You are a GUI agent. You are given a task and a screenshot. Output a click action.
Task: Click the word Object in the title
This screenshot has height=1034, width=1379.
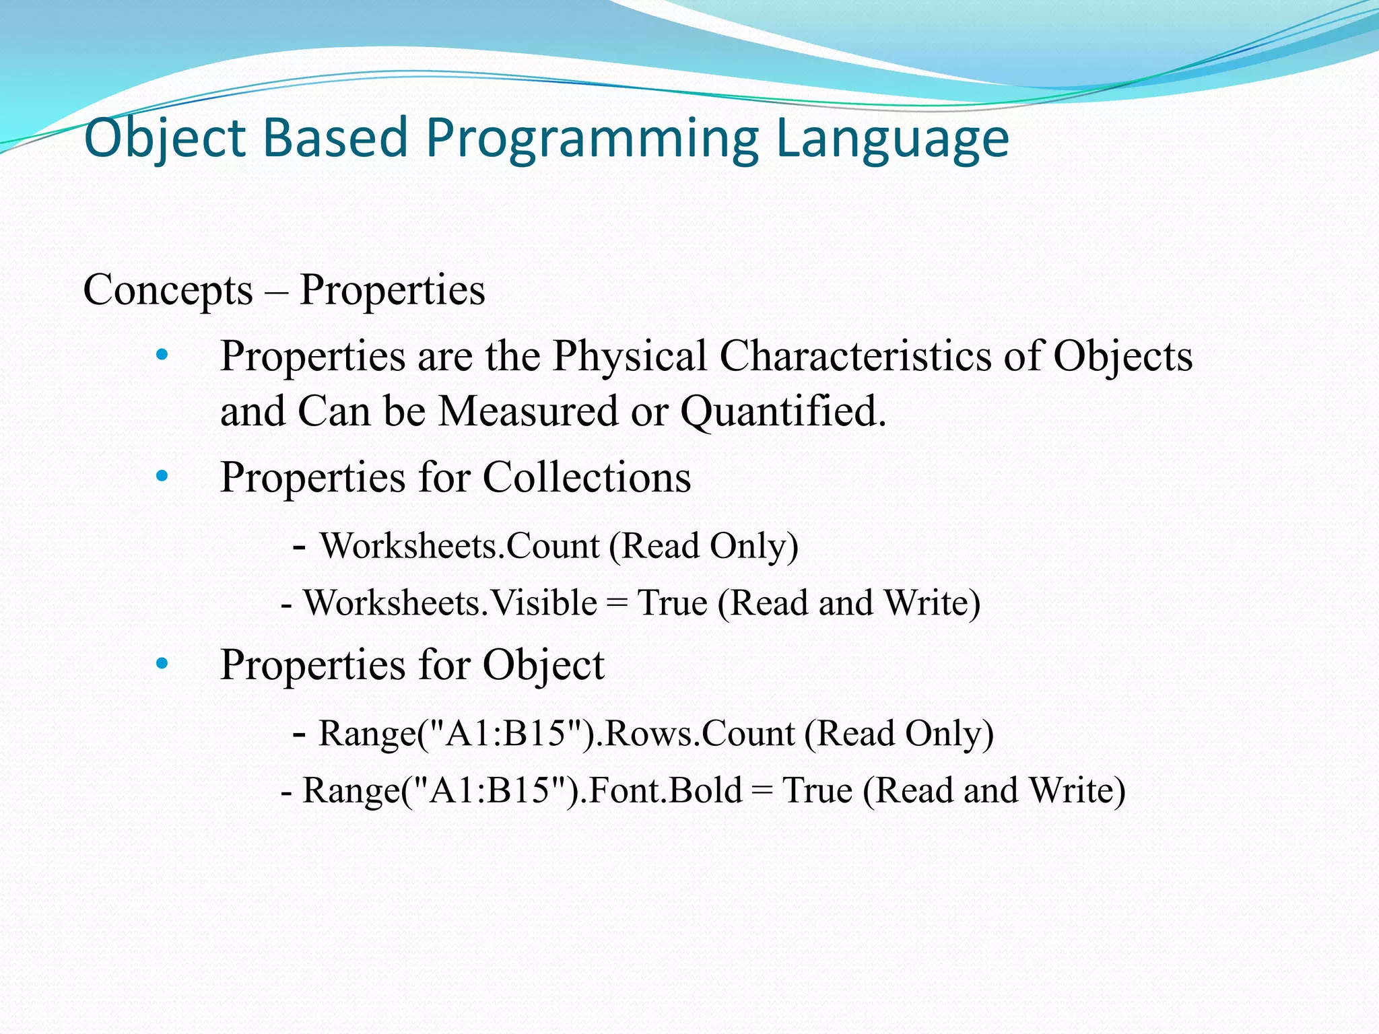[165, 138]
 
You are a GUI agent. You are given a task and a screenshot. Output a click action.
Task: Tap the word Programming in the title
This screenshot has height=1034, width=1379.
[593, 138]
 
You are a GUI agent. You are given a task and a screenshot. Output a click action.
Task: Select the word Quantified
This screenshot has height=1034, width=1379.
[782, 411]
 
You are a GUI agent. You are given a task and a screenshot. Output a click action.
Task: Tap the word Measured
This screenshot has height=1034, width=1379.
[528, 411]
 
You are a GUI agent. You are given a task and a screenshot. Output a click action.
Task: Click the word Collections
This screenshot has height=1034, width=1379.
[586, 477]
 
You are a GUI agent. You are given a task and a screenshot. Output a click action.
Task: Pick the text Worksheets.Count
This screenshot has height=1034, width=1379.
[459, 545]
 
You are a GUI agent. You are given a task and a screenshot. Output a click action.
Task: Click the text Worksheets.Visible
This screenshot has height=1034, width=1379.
[450, 602]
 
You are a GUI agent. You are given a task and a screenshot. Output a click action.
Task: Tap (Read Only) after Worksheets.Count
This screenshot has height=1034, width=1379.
[704, 545]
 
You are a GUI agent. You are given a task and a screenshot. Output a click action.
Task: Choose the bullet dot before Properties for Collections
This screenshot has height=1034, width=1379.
[162, 477]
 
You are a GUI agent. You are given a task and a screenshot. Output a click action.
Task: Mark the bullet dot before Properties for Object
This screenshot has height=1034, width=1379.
[162, 664]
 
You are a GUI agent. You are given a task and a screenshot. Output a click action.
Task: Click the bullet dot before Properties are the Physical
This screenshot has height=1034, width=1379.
[162, 355]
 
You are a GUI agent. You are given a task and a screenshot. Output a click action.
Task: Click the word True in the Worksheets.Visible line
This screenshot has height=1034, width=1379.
[672, 602]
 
